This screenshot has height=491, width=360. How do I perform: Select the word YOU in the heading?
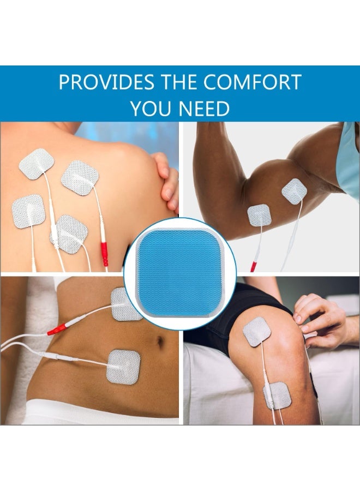[150, 109]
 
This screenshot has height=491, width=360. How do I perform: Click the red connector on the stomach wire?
[57, 330]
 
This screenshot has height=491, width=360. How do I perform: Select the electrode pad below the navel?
[124, 367]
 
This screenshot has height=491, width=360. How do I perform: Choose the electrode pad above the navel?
[126, 303]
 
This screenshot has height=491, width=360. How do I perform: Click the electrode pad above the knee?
[256, 331]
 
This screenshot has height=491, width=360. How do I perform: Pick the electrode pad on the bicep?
[294, 191]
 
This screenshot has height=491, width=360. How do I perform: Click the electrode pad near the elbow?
[259, 215]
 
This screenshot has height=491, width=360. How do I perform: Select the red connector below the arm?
[253, 267]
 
